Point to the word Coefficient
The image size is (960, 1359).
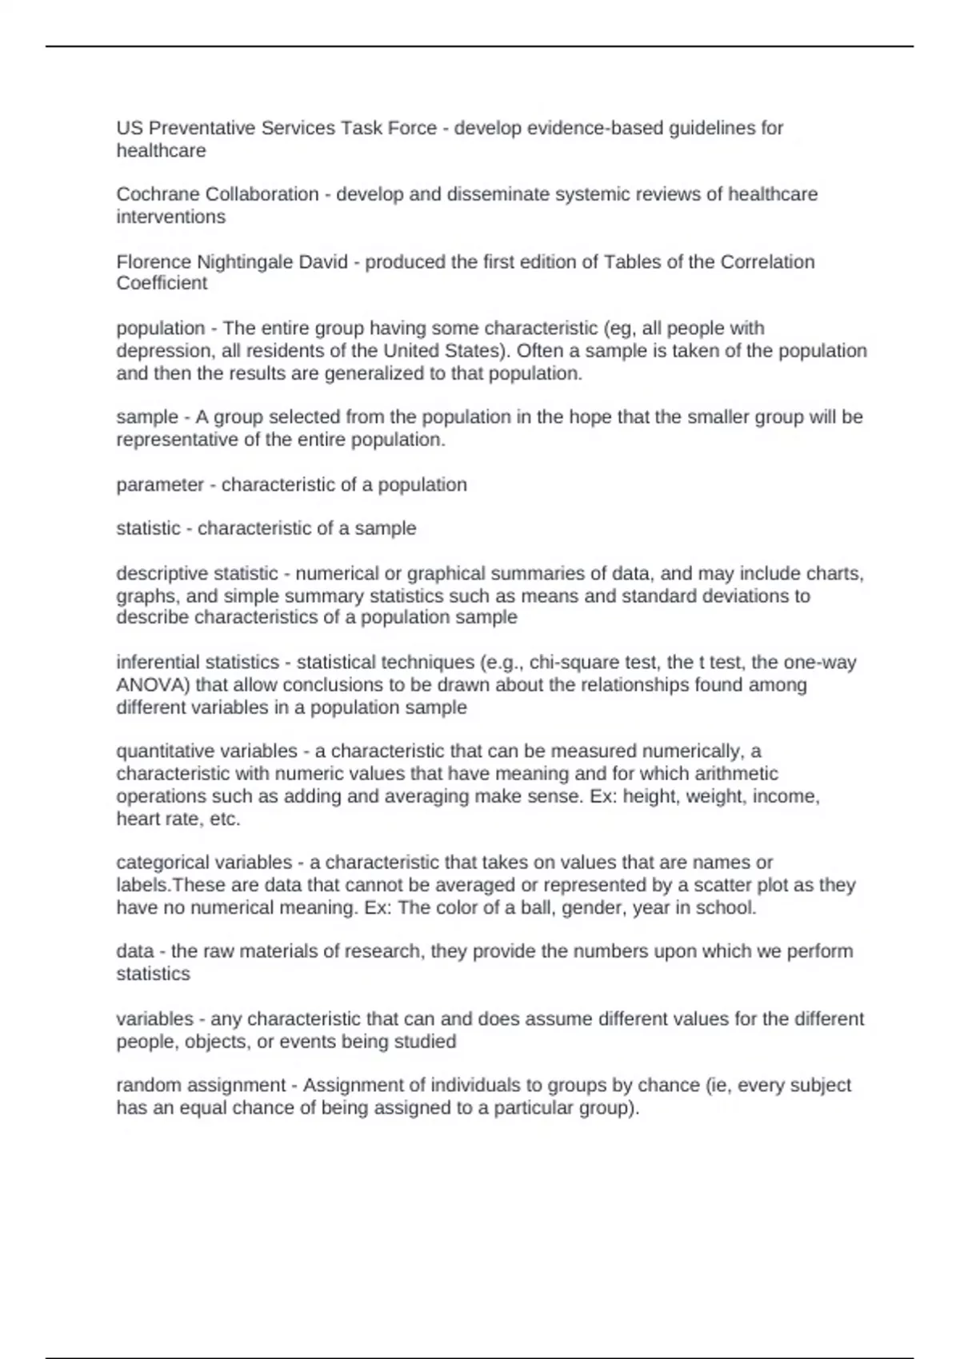[x=162, y=283]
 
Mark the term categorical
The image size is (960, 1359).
[x=162, y=863]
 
